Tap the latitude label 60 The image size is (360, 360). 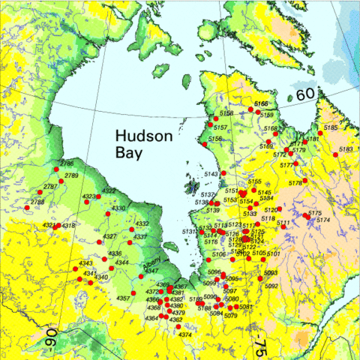point(304,95)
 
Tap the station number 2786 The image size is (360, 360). point(67,163)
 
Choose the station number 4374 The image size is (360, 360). point(185,334)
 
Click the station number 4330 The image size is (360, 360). point(118,208)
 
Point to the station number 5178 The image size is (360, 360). point(295,182)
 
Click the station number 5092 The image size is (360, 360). point(271,286)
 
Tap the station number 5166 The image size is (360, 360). point(261,103)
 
